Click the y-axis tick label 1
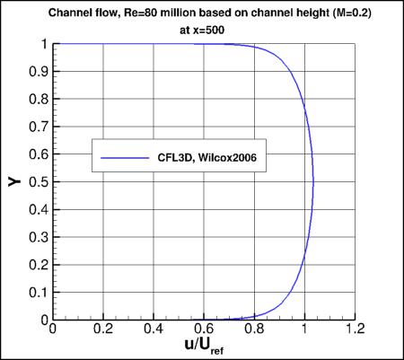coord(44,44)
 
